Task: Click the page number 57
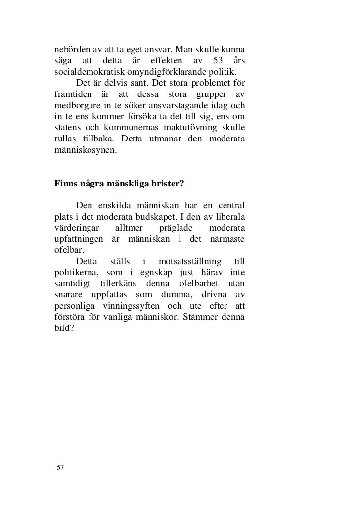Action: (60, 468)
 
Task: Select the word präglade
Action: (178, 228)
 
